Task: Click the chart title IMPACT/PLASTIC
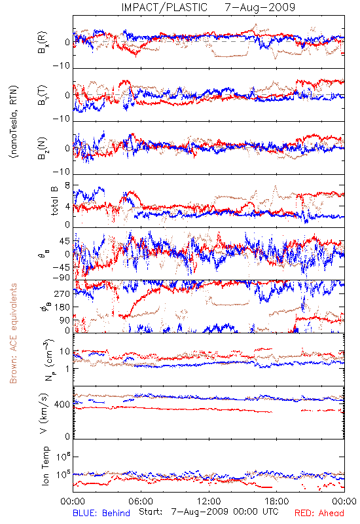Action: coord(164,7)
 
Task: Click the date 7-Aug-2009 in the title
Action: coord(260,7)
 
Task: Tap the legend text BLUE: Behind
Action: coord(101,513)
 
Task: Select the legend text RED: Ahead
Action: coord(319,513)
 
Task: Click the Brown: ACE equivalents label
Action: coord(13,333)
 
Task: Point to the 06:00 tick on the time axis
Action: coord(141,501)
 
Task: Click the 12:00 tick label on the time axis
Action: coord(209,501)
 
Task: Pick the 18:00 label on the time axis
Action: coord(277,501)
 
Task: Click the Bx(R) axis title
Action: coord(43,43)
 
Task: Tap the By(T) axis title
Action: coord(43,95)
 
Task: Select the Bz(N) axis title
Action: coord(43,148)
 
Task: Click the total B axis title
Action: coord(54,201)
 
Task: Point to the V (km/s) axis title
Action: coord(44,413)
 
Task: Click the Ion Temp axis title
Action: coord(45,466)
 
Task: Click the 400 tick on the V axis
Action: coord(62,405)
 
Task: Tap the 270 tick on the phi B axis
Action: coord(62,293)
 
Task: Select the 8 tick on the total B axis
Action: coord(67,186)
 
